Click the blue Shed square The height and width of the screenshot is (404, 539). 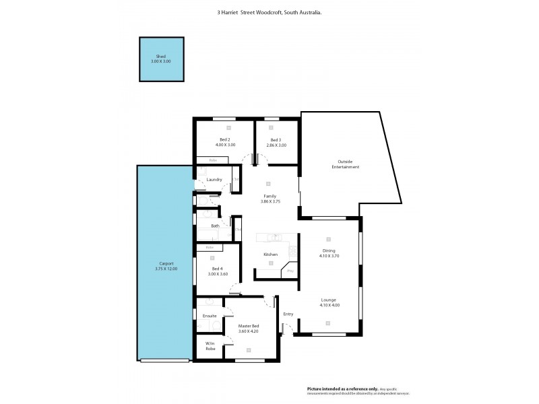161,59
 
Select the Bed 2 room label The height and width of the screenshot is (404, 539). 225,139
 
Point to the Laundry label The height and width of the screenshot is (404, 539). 214,179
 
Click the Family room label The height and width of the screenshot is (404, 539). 269,196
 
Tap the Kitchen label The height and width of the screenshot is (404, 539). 270,254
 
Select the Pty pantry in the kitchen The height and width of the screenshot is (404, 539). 290,271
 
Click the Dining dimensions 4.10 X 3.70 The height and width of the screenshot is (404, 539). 329,256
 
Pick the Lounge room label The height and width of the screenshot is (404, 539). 329,300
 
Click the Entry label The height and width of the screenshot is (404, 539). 288,314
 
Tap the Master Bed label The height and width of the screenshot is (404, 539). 249,326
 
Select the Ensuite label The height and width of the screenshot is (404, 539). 210,315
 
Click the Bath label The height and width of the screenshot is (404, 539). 215,226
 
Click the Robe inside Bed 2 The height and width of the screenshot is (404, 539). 212,160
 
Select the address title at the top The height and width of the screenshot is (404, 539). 269,12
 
